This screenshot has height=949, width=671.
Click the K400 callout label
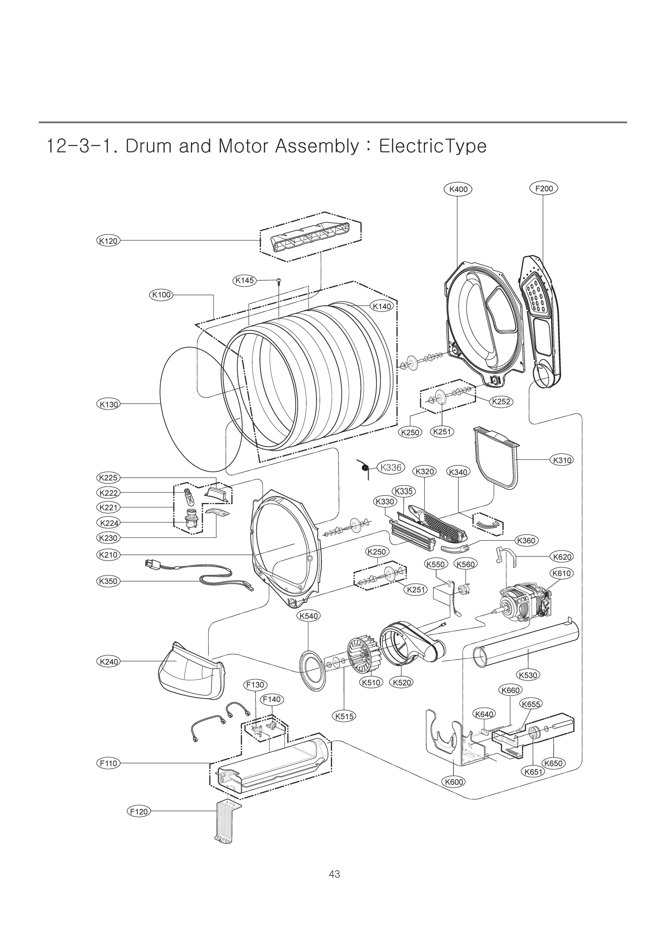click(458, 189)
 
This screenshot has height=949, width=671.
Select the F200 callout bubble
click(544, 189)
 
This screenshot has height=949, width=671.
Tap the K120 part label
click(108, 240)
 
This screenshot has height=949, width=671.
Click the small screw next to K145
click(279, 280)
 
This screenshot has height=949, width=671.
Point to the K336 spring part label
click(391, 467)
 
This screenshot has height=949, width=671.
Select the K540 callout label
click(308, 628)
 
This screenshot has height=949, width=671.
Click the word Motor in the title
click(245, 146)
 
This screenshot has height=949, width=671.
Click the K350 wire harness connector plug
click(152, 564)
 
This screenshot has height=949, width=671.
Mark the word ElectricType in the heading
click(433, 146)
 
